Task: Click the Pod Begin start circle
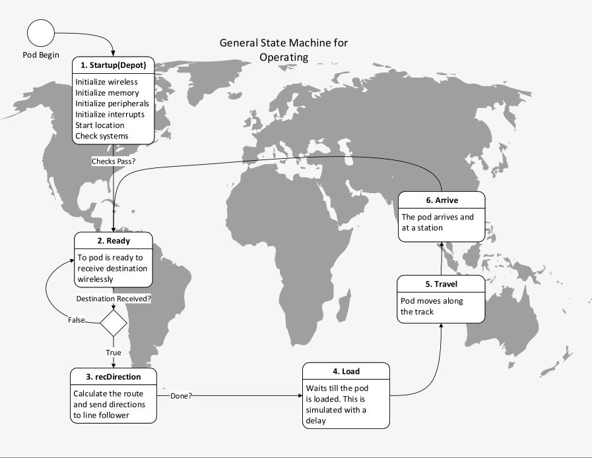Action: coord(41,33)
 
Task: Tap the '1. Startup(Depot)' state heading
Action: coord(114,65)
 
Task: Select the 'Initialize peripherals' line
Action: coord(112,103)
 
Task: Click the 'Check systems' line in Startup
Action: coord(102,136)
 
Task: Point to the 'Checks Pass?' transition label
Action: coord(114,161)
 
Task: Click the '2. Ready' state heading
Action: coord(114,241)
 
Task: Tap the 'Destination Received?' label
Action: coord(114,299)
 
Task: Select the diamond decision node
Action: coord(114,323)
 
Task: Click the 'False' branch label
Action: coord(77,320)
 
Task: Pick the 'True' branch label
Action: coord(114,353)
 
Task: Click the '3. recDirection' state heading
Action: coord(114,377)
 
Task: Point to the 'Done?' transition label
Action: coord(181,396)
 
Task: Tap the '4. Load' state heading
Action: coord(346,371)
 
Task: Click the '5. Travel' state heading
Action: coord(442,284)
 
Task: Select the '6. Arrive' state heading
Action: coord(442,200)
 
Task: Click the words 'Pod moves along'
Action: coord(432,301)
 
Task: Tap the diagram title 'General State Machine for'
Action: coord(284,43)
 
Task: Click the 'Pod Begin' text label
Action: coord(41,55)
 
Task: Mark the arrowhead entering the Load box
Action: coord(300,396)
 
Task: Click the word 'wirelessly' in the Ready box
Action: coord(95,279)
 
